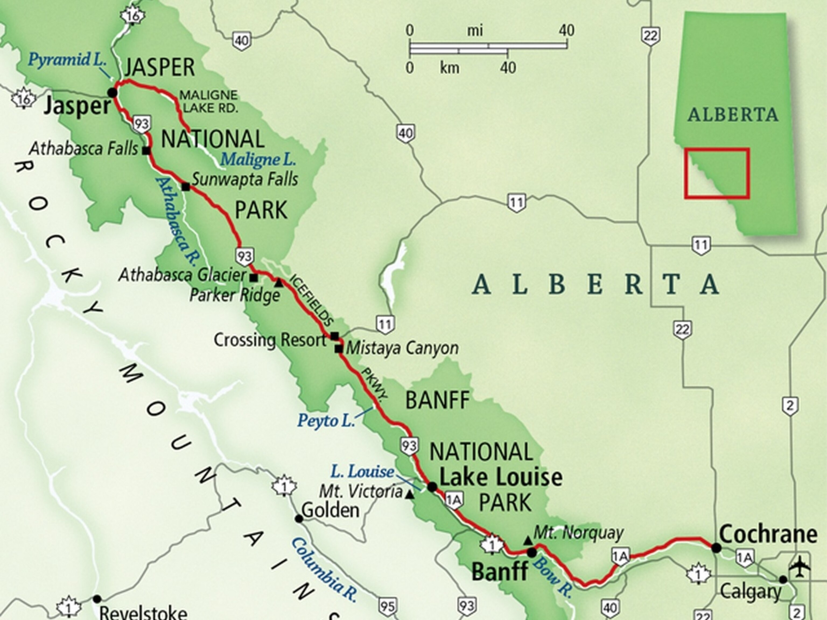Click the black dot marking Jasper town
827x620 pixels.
112,92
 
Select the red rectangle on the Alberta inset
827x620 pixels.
717,173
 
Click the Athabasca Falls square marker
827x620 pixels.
146,151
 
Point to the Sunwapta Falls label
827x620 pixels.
245,180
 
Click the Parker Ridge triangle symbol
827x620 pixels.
279,283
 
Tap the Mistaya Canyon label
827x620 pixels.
402,348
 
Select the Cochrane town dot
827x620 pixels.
716,548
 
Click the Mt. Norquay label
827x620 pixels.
578,533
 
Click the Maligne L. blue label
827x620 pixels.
258,160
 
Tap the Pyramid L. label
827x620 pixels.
67,59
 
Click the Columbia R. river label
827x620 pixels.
323,570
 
